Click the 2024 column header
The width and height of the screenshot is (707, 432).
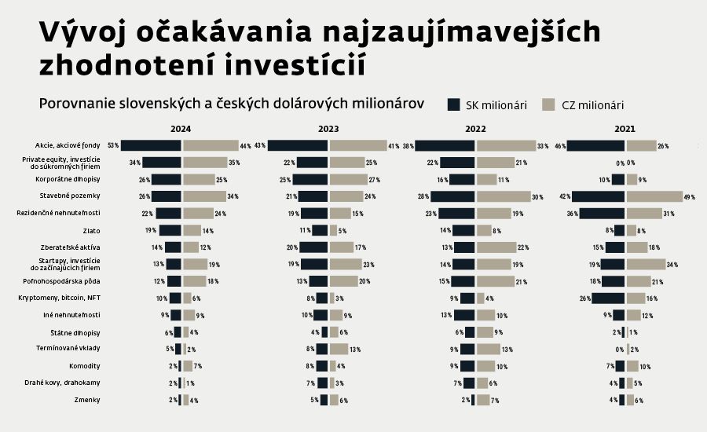[x=180, y=129]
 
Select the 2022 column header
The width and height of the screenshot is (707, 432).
[x=476, y=129]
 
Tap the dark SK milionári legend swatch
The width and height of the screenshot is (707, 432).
[x=454, y=105]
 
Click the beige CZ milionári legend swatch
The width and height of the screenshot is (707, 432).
[x=548, y=105]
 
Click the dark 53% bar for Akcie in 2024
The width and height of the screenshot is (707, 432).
[x=151, y=145]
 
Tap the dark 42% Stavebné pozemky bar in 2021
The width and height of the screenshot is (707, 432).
[x=598, y=196]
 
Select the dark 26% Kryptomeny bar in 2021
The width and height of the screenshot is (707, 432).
[x=608, y=298]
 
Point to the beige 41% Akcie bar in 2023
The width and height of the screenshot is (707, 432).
[x=357, y=145]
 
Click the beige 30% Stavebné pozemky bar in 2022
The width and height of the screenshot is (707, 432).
[x=503, y=196]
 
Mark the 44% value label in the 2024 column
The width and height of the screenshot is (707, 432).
[x=246, y=146]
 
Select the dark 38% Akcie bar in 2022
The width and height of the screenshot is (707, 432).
[x=445, y=145]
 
